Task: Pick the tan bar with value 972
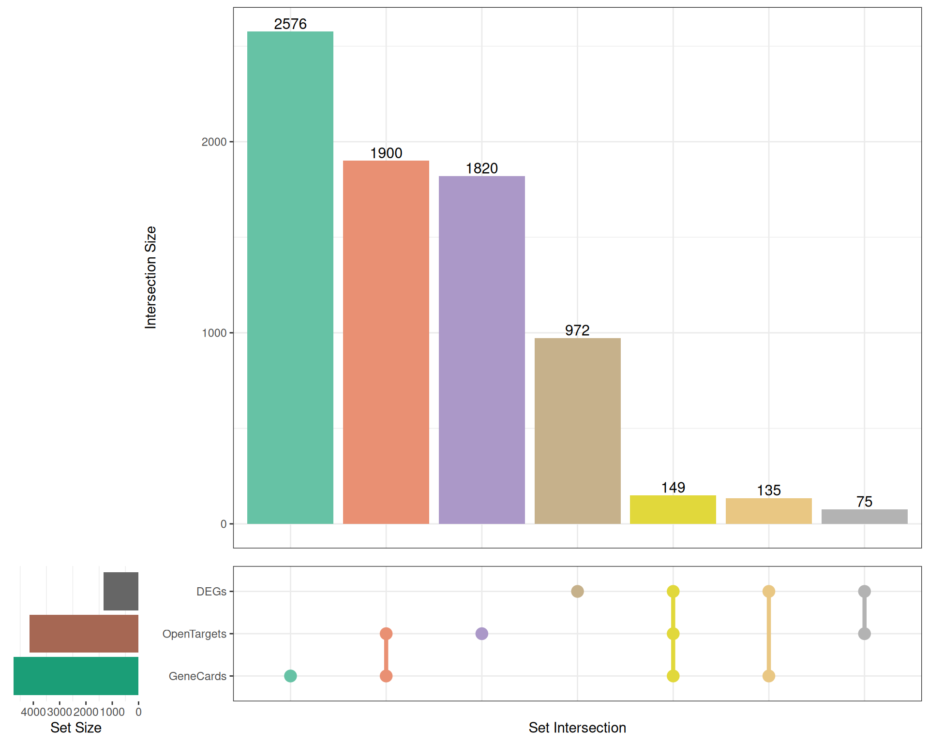[577, 431]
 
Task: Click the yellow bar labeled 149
[673, 509]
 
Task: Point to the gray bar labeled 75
[864, 516]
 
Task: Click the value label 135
[768, 490]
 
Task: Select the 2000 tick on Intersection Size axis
[214, 142]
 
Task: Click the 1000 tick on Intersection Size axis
[214, 333]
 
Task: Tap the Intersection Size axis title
[150, 278]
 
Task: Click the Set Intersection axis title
[577, 728]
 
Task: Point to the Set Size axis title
[76, 728]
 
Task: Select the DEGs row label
[211, 592]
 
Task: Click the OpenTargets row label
[194, 634]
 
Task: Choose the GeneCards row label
[197, 676]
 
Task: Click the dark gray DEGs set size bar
[121, 591]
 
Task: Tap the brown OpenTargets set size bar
[84, 634]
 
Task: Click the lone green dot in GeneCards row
[290, 676]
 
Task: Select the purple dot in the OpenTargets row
[481, 634]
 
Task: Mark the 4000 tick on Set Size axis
[33, 712]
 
